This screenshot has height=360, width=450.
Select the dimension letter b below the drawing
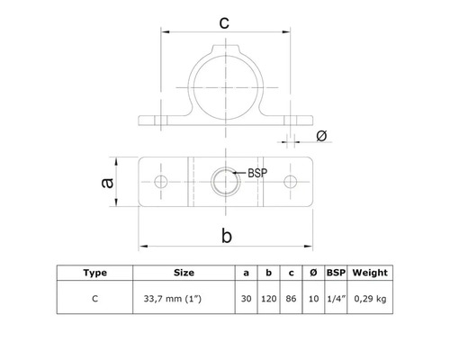[x=225, y=236]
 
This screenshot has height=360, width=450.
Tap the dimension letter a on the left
[x=106, y=182]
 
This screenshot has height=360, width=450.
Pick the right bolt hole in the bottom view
[x=290, y=182]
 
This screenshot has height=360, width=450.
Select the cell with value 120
[x=267, y=297]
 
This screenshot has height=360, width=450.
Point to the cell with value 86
[x=290, y=297]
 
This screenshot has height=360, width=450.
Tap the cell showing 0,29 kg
[x=370, y=297]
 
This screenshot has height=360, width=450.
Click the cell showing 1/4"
[x=334, y=297]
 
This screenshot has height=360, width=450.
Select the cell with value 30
[x=246, y=297]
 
